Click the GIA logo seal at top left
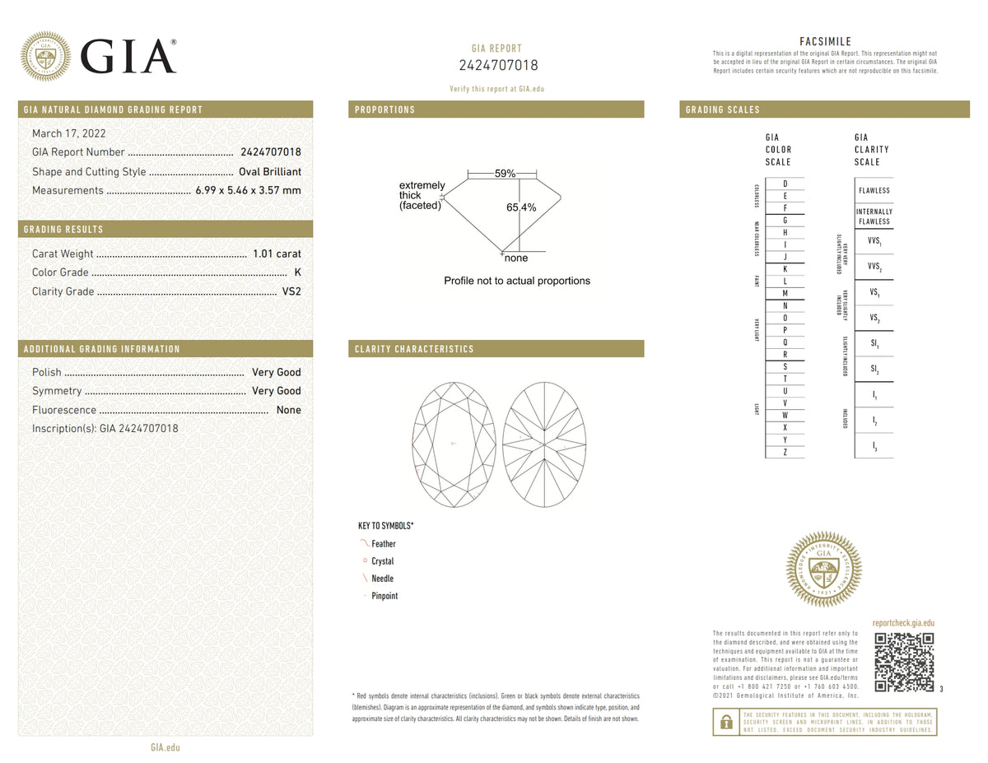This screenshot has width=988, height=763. [x=44, y=56]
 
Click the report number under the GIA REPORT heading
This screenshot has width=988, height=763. [x=496, y=66]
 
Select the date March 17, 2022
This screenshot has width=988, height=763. [x=68, y=133]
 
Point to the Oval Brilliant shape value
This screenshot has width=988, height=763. [x=269, y=172]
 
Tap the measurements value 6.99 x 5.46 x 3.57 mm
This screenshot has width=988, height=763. [x=248, y=191]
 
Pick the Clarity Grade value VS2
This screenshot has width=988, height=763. [x=291, y=291]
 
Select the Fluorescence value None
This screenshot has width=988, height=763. [x=288, y=410]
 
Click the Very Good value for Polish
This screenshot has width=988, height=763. [x=276, y=372]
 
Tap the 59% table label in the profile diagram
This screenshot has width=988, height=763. [x=505, y=174]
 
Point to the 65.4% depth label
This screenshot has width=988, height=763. [x=521, y=208]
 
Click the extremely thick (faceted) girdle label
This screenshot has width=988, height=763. [x=422, y=196]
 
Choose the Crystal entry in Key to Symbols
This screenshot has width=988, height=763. [x=382, y=561]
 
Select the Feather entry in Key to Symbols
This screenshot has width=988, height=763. [x=383, y=544]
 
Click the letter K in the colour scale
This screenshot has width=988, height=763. [x=785, y=269]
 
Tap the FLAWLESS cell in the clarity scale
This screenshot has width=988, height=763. [x=874, y=191]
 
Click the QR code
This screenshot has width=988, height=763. [x=903, y=663]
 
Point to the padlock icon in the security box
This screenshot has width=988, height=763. [x=725, y=722]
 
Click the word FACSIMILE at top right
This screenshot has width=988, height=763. [x=825, y=42]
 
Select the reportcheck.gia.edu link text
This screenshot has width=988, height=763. [x=902, y=624]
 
